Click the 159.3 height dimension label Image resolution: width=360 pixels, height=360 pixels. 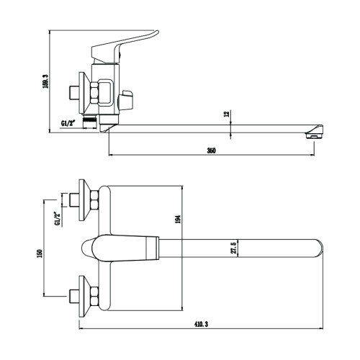tap(45, 81)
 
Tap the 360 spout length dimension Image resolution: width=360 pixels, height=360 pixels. tap(212, 150)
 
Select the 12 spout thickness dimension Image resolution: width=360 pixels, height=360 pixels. tap(227, 114)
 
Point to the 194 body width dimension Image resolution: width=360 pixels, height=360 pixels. tap(178, 219)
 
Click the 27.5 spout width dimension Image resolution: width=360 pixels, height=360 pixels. tap(235, 248)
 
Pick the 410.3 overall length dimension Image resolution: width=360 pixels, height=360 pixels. tap(201, 324)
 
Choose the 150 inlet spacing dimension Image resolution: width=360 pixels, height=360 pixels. tap(40, 253)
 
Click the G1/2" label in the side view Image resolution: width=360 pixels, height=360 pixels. tap(68, 124)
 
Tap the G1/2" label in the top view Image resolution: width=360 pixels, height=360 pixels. tap(57, 218)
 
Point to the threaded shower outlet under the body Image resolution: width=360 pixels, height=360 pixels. tap(90, 122)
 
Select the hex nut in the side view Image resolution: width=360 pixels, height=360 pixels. tap(94, 93)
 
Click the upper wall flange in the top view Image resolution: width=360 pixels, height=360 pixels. tap(84, 200)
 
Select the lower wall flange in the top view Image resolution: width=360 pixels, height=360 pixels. tap(84, 296)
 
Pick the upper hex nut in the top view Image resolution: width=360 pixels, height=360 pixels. tap(94, 199)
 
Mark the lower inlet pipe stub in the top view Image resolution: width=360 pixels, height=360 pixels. tap(74, 296)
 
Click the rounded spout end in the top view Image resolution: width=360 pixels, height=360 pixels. tap(318, 248)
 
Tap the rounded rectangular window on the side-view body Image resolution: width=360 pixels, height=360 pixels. tap(105, 93)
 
